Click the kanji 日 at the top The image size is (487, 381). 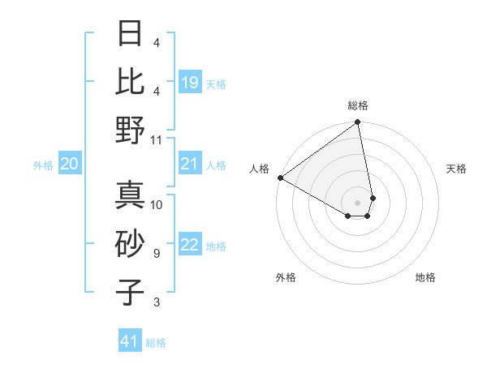(130, 34)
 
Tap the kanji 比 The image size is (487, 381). (130, 81)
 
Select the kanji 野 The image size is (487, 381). (130, 130)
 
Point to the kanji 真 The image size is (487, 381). (130, 195)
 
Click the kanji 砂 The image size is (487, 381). (130, 244)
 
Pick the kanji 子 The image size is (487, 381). (130, 293)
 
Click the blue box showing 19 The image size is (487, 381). (190, 83)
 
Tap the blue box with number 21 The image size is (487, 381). (190, 165)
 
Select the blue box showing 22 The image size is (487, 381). (190, 246)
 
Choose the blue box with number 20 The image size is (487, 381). (69, 165)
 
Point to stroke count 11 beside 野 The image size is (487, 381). (157, 139)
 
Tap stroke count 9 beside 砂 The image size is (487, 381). (156, 254)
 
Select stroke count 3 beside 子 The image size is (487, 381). (156, 302)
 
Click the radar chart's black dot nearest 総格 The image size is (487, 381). (357, 123)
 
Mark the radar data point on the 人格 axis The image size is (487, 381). (280, 178)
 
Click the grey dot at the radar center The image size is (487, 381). (357, 201)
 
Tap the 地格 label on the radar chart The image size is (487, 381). (425, 277)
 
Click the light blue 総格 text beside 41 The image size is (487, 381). (156, 343)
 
